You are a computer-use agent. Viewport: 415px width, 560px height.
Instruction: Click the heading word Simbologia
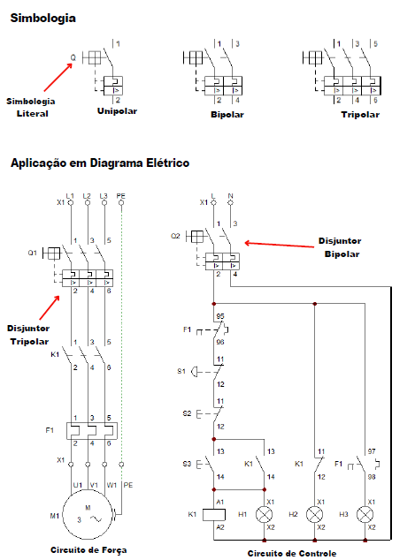pos(43,19)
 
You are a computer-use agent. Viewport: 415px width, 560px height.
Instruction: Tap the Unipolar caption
pos(117,111)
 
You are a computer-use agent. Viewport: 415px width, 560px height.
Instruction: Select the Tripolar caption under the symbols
pos(360,115)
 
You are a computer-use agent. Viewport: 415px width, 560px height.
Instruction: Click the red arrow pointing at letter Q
pos(58,78)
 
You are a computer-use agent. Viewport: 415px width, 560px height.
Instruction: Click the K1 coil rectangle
pos(214,515)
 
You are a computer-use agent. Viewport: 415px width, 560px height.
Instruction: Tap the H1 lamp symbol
pos(264,515)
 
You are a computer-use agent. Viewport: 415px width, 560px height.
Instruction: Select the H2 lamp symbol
pos(314,515)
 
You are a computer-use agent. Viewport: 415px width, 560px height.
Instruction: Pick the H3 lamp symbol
pos(365,515)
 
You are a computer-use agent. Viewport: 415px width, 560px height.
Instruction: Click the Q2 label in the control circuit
pos(175,236)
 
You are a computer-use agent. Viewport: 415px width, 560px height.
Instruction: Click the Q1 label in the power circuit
pos(32,253)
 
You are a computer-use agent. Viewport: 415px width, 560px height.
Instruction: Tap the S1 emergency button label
pos(181,371)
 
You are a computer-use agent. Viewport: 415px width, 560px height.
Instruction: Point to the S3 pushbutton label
pos(187,464)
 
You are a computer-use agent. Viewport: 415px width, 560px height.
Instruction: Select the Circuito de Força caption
pos(88,550)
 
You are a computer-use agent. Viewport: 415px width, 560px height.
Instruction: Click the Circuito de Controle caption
pos(292,554)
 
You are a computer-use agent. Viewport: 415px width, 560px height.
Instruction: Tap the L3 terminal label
pos(104,196)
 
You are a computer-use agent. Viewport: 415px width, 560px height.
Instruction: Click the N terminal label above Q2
pos(230,196)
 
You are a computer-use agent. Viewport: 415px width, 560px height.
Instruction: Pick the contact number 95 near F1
pos(220,316)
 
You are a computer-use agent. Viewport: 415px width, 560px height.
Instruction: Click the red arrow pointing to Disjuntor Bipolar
pos(279,245)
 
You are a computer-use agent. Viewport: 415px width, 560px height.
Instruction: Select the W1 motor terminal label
pos(111,485)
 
